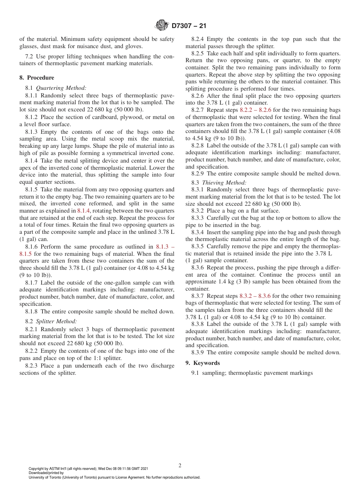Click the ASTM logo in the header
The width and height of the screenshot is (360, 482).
point(162,26)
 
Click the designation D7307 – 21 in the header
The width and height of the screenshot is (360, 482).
point(189,26)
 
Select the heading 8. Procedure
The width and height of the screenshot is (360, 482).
point(37,78)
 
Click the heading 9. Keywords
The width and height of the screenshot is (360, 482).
point(203,363)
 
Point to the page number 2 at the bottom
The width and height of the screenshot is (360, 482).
point(180,466)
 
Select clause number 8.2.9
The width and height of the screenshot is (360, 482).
point(198,174)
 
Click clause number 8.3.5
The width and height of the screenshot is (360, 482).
point(198,246)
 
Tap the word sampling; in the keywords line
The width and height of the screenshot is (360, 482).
point(214,373)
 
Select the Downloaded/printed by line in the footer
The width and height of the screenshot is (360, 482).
point(46,473)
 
